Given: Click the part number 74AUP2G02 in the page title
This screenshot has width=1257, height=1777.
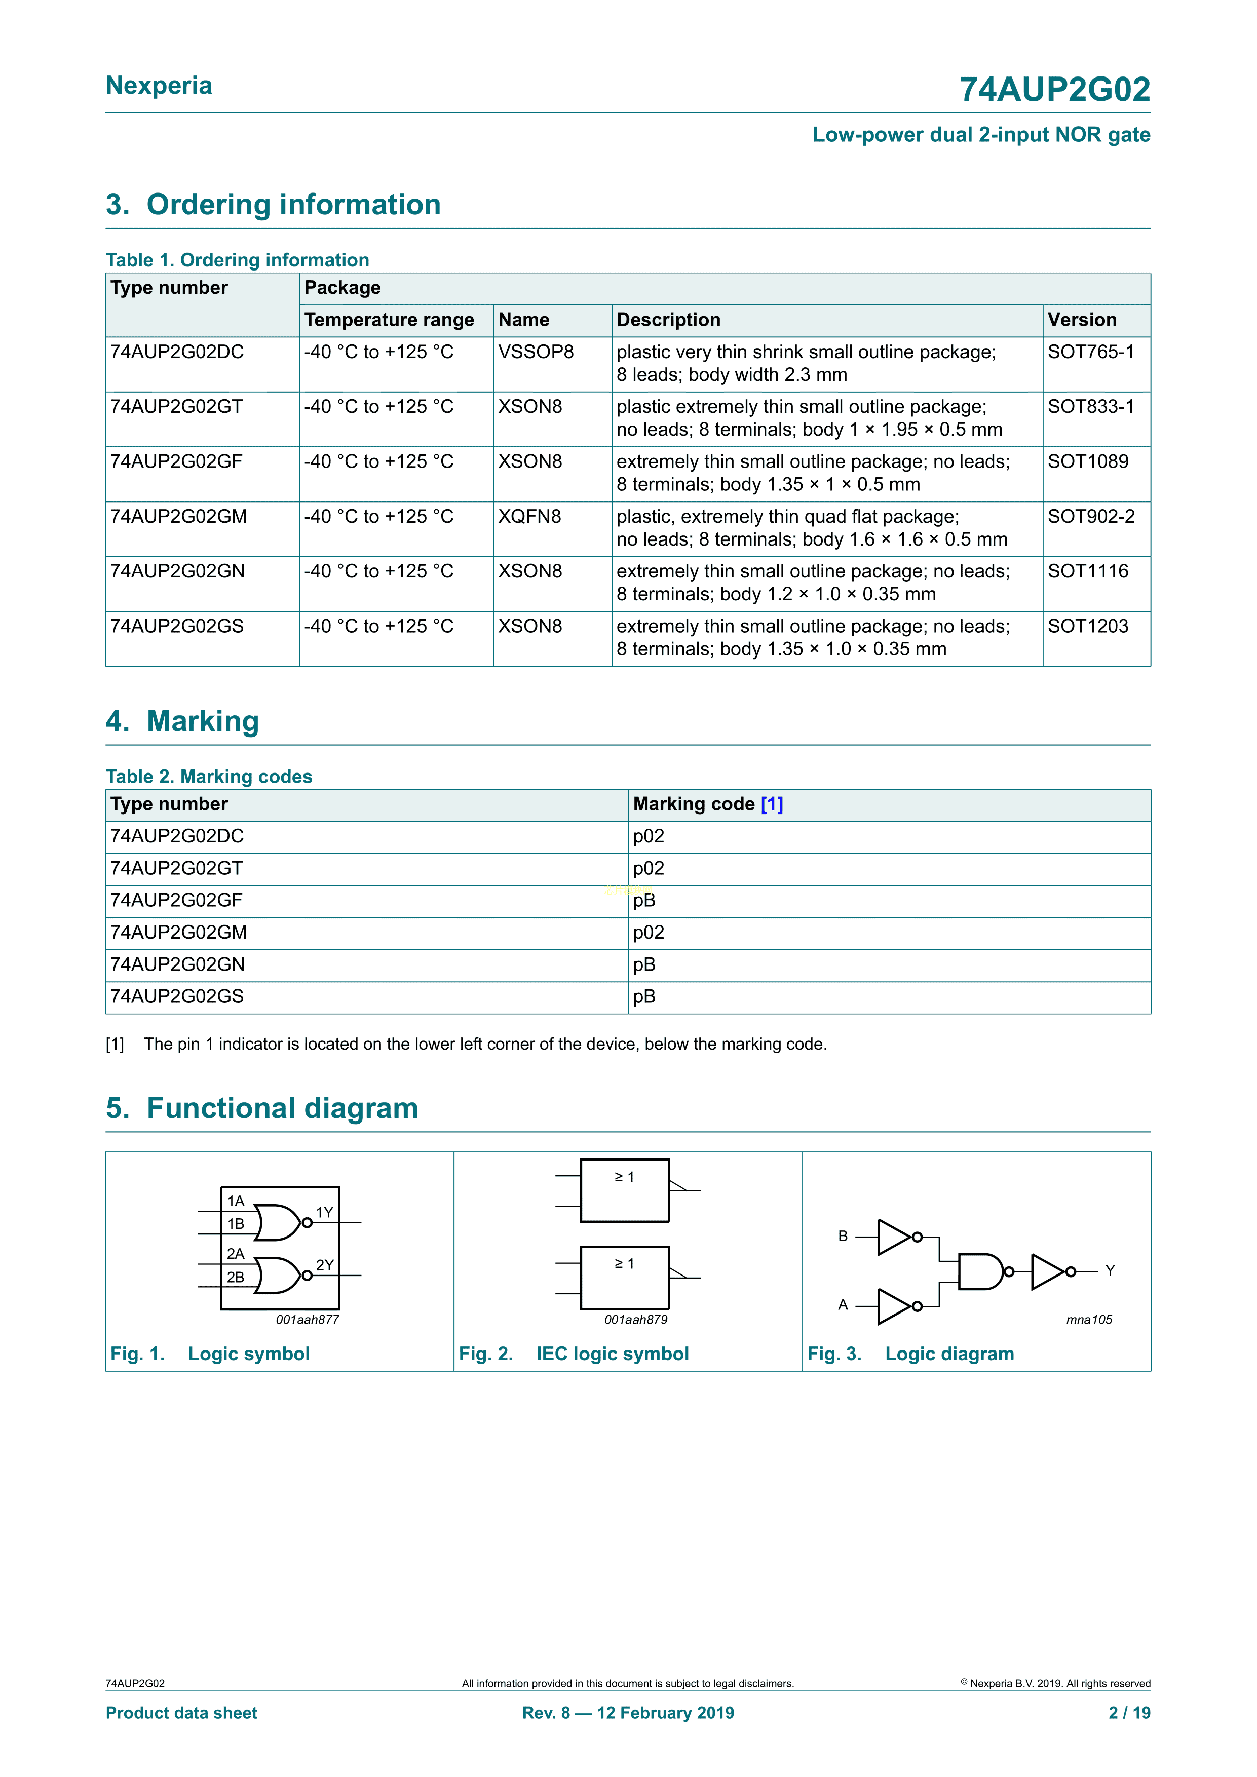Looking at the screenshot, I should (1054, 90).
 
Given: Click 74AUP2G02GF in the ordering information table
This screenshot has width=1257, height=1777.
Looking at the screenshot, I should (176, 462).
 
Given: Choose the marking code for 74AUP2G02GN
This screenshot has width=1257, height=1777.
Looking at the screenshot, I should (644, 964).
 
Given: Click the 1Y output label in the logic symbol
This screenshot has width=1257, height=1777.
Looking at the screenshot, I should (324, 1212).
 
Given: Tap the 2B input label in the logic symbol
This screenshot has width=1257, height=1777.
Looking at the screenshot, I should (235, 1277).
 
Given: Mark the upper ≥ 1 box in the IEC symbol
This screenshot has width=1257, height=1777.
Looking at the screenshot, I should (625, 1190).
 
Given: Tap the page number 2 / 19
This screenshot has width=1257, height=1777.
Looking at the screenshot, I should (1129, 1713).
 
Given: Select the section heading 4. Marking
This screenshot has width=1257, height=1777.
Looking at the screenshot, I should (183, 721).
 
